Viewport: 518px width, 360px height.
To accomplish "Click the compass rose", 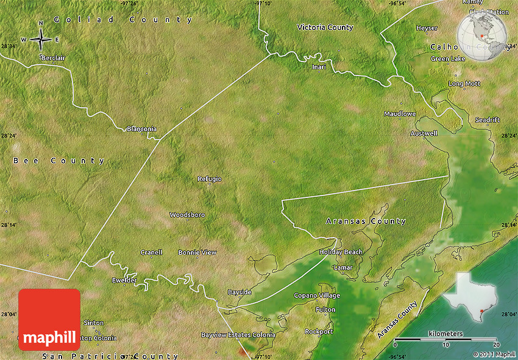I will point(41,39).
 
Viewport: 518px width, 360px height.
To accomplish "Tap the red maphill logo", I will point(49,319).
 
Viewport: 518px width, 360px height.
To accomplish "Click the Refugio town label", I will point(210,178).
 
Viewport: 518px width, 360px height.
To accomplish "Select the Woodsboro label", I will point(187,215).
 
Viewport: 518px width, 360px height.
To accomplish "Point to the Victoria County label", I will point(325,27).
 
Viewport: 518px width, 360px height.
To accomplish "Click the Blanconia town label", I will point(141,129).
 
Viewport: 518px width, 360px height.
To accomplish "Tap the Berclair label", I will point(54,57).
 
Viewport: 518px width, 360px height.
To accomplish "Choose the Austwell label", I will point(424,133).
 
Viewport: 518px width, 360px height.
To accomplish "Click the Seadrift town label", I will point(488,120).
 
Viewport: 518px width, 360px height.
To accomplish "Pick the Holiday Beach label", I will point(341,252).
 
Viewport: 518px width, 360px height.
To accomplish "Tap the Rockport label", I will point(319,331).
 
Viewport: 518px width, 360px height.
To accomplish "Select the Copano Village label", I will point(317,295).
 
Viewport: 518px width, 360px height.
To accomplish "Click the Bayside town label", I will point(239,292).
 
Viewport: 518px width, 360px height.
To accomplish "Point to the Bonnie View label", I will point(197,252).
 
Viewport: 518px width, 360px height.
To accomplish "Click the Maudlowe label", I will point(400,114).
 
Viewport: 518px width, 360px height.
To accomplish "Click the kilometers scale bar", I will point(445,339).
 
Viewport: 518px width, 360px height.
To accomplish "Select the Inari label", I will point(319,66).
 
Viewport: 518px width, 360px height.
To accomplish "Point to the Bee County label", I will point(59,161).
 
